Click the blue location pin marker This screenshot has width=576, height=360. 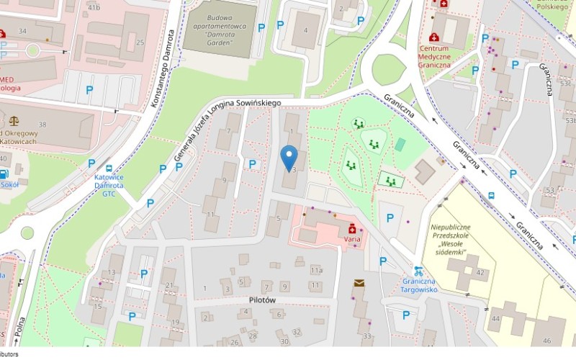[x=289, y=156]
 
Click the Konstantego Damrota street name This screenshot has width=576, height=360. [x=164, y=69]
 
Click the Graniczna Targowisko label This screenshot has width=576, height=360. [x=419, y=285]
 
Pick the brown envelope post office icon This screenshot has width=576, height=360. [x=359, y=283]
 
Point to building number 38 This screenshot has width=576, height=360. [x=42, y=125]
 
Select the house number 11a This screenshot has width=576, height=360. [x=316, y=270]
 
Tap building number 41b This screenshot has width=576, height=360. [x=94, y=7]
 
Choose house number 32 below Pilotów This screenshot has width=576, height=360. [x=297, y=331]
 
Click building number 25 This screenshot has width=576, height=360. [x=140, y=42]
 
